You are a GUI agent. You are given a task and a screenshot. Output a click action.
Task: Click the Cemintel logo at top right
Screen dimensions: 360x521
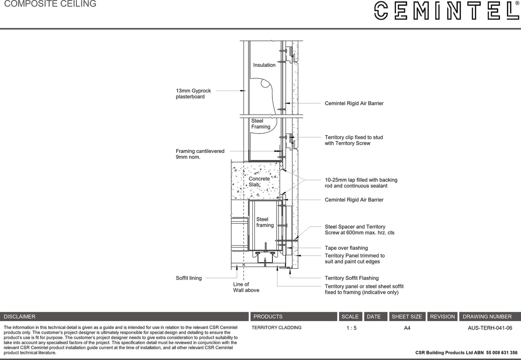(x=446, y=10)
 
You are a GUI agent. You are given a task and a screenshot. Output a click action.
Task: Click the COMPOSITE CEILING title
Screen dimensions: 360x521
(x=50, y=4)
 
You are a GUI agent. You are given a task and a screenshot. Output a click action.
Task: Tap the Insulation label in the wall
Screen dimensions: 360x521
(x=264, y=65)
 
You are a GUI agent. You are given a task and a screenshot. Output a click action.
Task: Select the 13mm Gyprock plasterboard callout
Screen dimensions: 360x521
(x=193, y=94)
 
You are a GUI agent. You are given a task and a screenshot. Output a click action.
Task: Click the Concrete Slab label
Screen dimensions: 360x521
(x=259, y=181)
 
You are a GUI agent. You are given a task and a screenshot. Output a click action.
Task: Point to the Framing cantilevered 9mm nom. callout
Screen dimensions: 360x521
(x=200, y=154)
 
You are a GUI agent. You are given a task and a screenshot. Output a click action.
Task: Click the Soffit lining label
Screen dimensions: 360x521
(x=189, y=278)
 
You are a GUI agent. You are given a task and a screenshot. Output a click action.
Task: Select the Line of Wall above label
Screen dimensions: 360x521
(x=246, y=287)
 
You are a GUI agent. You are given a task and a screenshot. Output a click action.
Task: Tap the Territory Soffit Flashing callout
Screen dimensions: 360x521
(x=351, y=278)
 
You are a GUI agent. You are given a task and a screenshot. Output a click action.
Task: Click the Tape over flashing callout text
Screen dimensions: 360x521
(x=346, y=248)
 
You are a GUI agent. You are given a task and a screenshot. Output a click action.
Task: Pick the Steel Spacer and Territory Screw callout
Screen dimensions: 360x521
(x=359, y=230)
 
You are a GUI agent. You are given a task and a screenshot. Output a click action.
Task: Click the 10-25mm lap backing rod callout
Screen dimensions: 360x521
(x=361, y=183)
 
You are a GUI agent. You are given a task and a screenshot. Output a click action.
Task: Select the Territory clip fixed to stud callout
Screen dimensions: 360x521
(x=354, y=140)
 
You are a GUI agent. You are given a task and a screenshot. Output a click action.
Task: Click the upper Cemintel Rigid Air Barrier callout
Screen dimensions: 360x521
(x=354, y=103)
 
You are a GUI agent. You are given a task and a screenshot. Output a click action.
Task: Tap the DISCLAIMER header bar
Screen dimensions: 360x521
(x=124, y=316)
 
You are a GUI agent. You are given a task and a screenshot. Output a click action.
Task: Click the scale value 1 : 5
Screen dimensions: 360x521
(x=351, y=328)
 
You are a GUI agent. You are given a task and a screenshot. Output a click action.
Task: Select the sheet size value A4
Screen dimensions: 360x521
(x=407, y=328)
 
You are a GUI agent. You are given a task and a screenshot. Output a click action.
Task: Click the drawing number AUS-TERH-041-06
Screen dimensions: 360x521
(x=490, y=328)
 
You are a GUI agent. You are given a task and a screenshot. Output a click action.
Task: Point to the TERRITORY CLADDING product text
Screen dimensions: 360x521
(x=276, y=328)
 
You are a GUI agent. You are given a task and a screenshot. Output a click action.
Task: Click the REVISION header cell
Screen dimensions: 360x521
(x=442, y=316)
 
